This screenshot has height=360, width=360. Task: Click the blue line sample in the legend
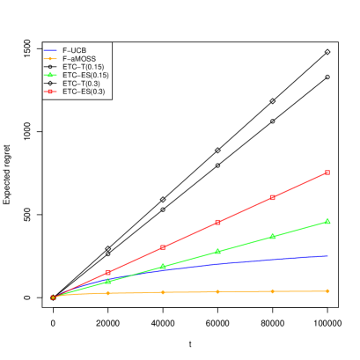50,50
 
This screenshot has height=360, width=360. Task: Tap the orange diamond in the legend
50,59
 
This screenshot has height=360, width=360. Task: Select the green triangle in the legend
50,75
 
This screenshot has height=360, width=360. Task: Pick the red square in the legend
50,92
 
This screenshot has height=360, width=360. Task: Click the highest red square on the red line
327,173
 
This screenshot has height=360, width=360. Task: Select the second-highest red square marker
273,197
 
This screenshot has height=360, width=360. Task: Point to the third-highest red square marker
217,222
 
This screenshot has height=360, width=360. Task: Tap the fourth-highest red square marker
163,247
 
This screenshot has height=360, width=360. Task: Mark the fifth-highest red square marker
108,272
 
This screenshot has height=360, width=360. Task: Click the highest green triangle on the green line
327,221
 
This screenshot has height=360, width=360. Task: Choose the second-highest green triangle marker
273,236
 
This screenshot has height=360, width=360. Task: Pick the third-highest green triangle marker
217,252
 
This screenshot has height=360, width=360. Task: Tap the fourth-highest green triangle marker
163,267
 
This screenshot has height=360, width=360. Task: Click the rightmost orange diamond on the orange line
327,290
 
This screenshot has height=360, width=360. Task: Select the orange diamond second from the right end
273,290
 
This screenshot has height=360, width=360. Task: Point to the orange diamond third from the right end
217,290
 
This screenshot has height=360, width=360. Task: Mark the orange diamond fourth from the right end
163,291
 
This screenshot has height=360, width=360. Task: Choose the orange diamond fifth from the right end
108,292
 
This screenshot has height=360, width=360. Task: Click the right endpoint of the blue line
327,255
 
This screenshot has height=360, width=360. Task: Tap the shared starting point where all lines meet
54,298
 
